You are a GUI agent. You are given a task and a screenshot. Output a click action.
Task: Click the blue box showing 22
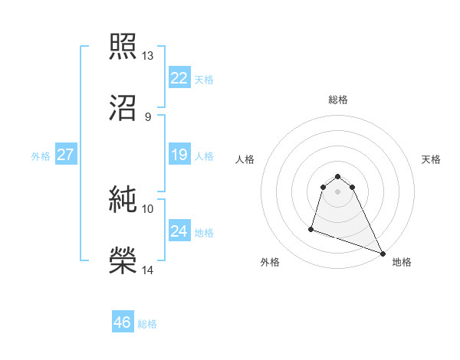pyautogui.click(x=179, y=78)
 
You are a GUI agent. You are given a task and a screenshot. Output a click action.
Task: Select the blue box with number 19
pyautogui.click(x=179, y=155)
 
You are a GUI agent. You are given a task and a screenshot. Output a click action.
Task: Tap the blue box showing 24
pyautogui.click(x=179, y=231)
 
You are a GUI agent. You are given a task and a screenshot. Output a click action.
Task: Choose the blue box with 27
pyautogui.click(x=66, y=155)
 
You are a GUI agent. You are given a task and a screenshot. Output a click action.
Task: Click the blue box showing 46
pyautogui.click(x=123, y=322)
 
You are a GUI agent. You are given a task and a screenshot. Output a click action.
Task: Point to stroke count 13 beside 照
pyautogui.click(x=148, y=56)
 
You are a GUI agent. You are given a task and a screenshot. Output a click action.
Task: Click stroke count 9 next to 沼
pyautogui.click(x=147, y=117)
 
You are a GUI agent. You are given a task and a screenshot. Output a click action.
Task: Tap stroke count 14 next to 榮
pyautogui.click(x=148, y=270)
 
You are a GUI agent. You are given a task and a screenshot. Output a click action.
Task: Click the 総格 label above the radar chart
pyautogui.click(x=338, y=100)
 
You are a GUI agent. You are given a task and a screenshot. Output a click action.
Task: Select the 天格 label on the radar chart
pyautogui.click(x=432, y=159)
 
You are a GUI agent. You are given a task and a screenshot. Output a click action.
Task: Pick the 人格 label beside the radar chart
pyautogui.click(x=245, y=159)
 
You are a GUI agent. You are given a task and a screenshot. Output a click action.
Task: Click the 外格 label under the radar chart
pyautogui.click(x=270, y=263)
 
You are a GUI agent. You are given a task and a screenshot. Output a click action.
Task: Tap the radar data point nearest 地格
pyautogui.click(x=383, y=254)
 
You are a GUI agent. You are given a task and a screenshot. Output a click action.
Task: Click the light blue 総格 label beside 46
pyautogui.click(x=147, y=324)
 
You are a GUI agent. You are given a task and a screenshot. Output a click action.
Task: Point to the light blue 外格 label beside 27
pyautogui.click(x=41, y=156)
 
